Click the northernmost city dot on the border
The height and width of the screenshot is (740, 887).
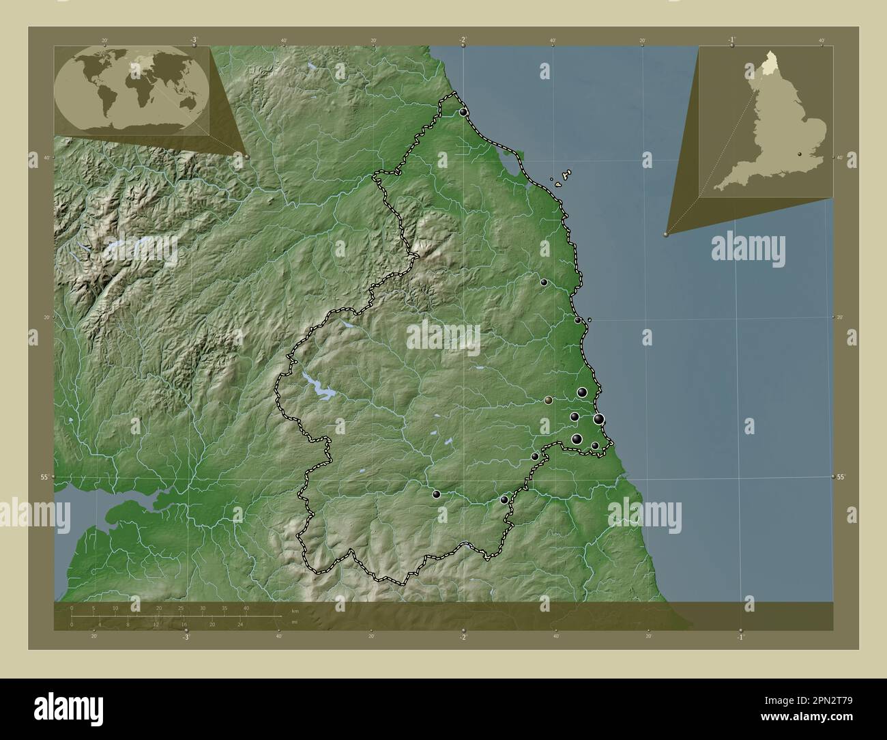464,111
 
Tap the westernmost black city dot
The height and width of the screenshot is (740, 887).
436,494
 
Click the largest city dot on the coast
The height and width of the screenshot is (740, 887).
598,419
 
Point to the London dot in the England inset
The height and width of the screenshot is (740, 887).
799,154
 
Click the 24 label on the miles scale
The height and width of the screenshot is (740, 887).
239,624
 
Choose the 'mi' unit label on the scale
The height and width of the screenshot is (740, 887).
293,623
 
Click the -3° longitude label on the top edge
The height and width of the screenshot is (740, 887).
194,40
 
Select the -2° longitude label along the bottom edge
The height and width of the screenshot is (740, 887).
463,638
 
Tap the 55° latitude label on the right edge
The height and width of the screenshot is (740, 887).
841,477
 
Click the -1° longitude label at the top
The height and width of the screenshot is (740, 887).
731,40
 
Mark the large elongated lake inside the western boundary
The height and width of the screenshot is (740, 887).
319,388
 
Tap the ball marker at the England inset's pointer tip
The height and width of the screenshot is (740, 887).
666,233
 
